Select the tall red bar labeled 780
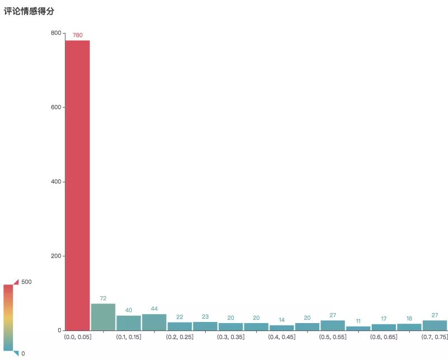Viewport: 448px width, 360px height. [x=78, y=184]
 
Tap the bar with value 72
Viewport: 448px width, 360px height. [x=103, y=317]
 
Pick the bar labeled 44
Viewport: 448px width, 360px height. [x=154, y=322]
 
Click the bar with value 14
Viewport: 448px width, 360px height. [x=281, y=328]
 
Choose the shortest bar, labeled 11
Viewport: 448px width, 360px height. [x=358, y=328]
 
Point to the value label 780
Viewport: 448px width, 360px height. [x=78, y=35]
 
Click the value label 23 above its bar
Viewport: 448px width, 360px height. [x=205, y=317]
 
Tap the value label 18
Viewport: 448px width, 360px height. [x=409, y=318]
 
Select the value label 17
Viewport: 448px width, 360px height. [x=384, y=319]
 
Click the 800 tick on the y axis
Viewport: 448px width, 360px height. [x=56, y=33]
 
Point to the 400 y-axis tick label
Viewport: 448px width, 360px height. [x=56, y=182]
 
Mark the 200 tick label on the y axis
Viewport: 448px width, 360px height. [x=56, y=256]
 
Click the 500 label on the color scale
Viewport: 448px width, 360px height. [x=26, y=282]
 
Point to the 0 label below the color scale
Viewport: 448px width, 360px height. [x=23, y=353]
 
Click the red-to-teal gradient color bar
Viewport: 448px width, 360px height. [x=8, y=317]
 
